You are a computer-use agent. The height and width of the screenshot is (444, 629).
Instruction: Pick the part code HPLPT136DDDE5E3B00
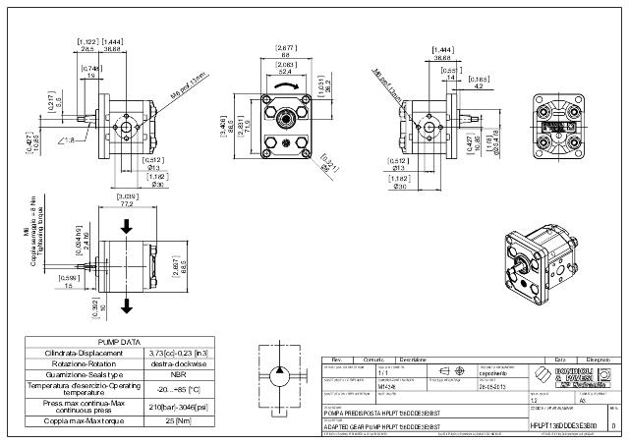pyautogui.click(x=563, y=425)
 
